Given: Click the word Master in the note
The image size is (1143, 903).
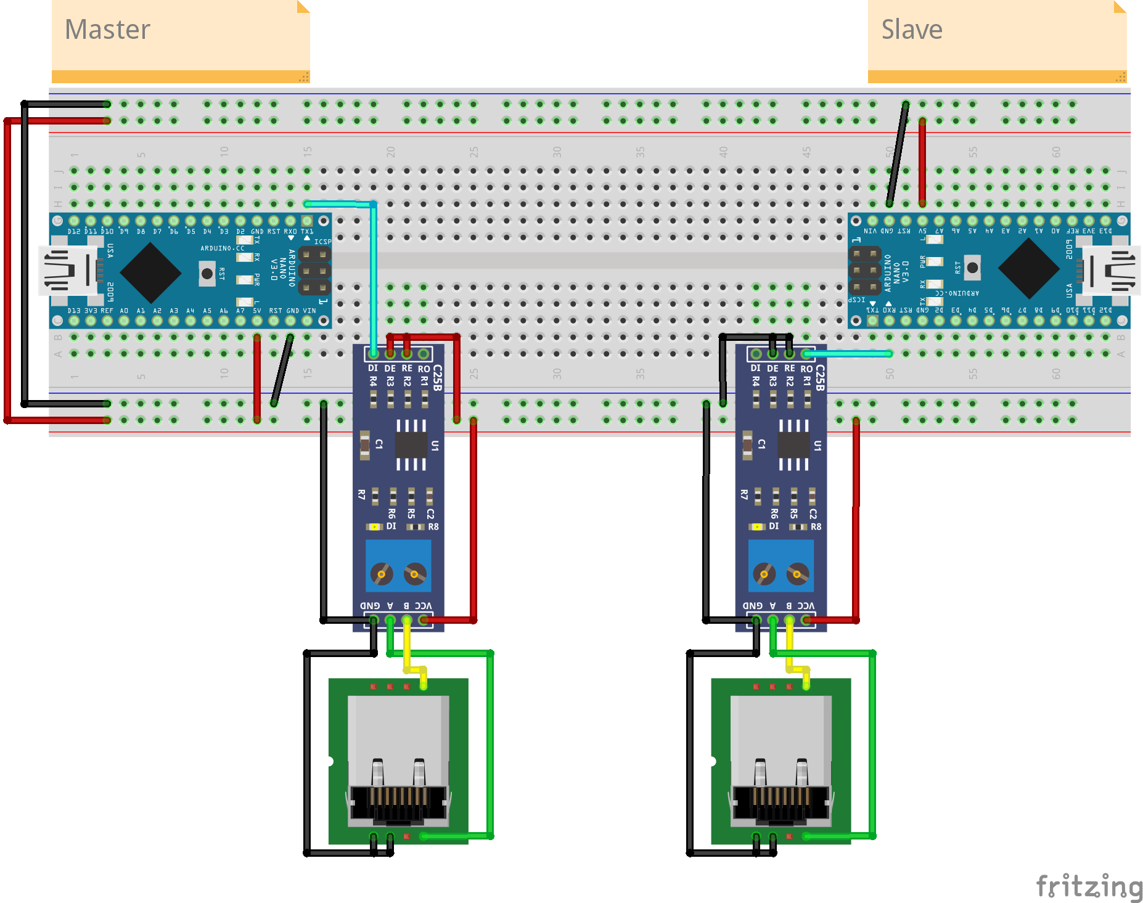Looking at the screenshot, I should click(107, 30).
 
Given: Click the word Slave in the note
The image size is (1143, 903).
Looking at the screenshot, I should click(911, 30).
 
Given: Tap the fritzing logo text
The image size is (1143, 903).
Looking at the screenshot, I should click(1089, 886).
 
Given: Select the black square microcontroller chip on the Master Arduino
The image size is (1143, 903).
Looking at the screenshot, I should click(150, 272).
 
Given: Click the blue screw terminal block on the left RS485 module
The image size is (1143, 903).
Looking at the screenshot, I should click(398, 566).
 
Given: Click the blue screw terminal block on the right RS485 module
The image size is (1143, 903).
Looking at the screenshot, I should click(780, 566).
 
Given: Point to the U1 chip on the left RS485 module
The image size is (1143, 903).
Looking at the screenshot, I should click(411, 444).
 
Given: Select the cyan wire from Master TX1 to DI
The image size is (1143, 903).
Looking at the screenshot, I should click(374, 277).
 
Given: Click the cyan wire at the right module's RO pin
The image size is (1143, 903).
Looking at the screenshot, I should click(851, 353).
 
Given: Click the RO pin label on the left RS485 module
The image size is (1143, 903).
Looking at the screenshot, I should click(424, 369).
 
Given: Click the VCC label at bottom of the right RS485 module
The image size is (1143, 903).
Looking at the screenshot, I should click(806, 606).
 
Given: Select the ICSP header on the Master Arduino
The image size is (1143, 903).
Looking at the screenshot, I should click(314, 271).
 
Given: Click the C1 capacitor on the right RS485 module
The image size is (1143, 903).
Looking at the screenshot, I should click(748, 444).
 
